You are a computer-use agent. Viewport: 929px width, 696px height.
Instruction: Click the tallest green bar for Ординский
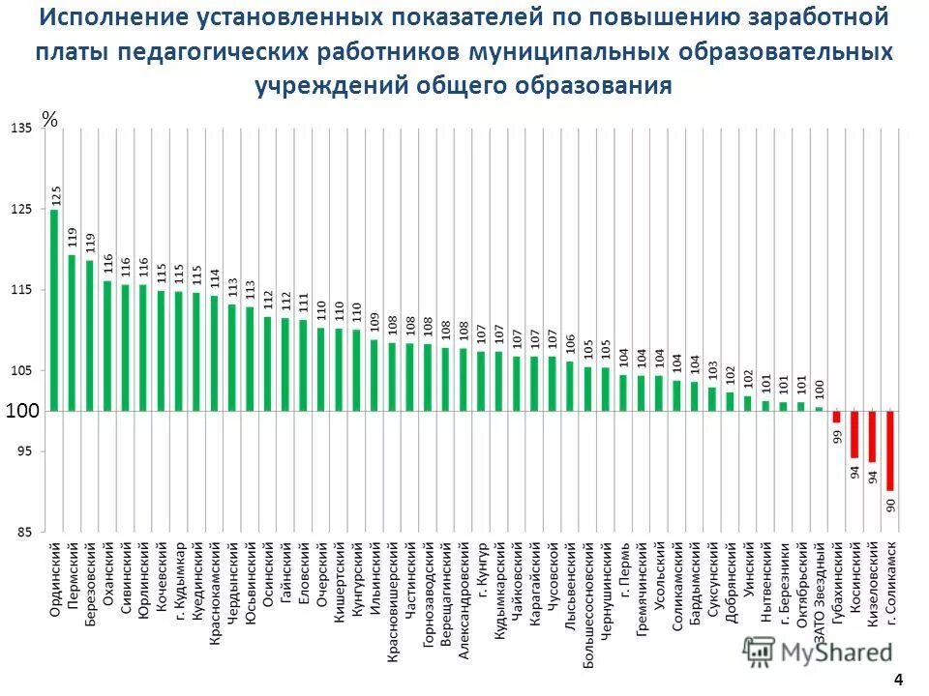(54, 309)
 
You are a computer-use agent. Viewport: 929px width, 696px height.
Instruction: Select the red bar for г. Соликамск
(890, 450)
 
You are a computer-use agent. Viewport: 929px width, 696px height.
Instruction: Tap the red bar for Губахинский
(837, 417)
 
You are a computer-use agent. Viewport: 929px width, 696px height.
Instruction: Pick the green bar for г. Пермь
(623, 392)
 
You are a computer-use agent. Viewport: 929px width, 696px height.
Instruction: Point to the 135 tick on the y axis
(21, 129)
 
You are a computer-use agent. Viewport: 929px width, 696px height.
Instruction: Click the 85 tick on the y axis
(21, 532)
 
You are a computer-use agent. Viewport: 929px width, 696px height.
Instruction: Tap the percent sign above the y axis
(50, 120)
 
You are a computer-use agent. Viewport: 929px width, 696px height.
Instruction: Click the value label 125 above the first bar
(56, 194)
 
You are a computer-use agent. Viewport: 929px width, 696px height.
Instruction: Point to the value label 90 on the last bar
(891, 504)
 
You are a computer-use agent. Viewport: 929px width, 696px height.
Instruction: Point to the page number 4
(898, 679)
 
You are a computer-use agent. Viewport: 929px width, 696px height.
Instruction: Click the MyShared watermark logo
(818, 651)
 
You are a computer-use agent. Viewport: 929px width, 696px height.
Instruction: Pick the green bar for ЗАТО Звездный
(819, 409)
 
